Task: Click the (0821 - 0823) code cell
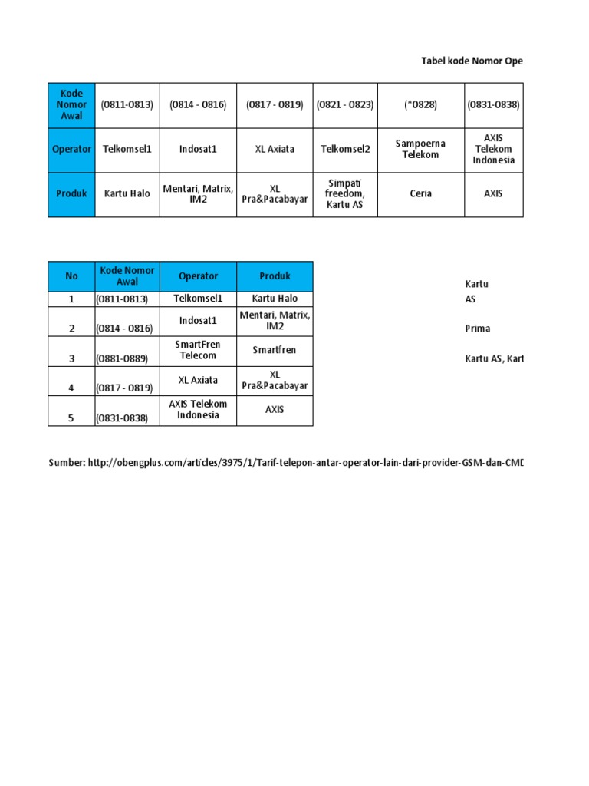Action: tap(345, 104)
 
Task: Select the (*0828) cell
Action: tap(420, 104)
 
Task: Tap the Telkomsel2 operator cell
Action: tap(345, 149)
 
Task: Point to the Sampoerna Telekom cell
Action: tap(420, 149)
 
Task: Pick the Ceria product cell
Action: tap(420, 193)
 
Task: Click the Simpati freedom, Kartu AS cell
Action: tap(345, 194)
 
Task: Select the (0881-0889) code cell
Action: tap(127, 358)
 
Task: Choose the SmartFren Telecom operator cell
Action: tap(198, 350)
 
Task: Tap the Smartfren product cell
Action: tap(275, 350)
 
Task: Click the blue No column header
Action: tap(71, 276)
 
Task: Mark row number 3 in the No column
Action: tap(71, 358)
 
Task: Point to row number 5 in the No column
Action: tap(71, 418)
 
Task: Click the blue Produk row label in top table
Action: tap(71, 193)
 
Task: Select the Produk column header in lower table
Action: tap(275, 276)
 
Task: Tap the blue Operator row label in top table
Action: tap(71, 149)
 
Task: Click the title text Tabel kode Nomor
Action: tap(472, 61)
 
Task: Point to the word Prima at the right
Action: tap(477, 329)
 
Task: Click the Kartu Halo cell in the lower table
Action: tap(275, 299)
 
